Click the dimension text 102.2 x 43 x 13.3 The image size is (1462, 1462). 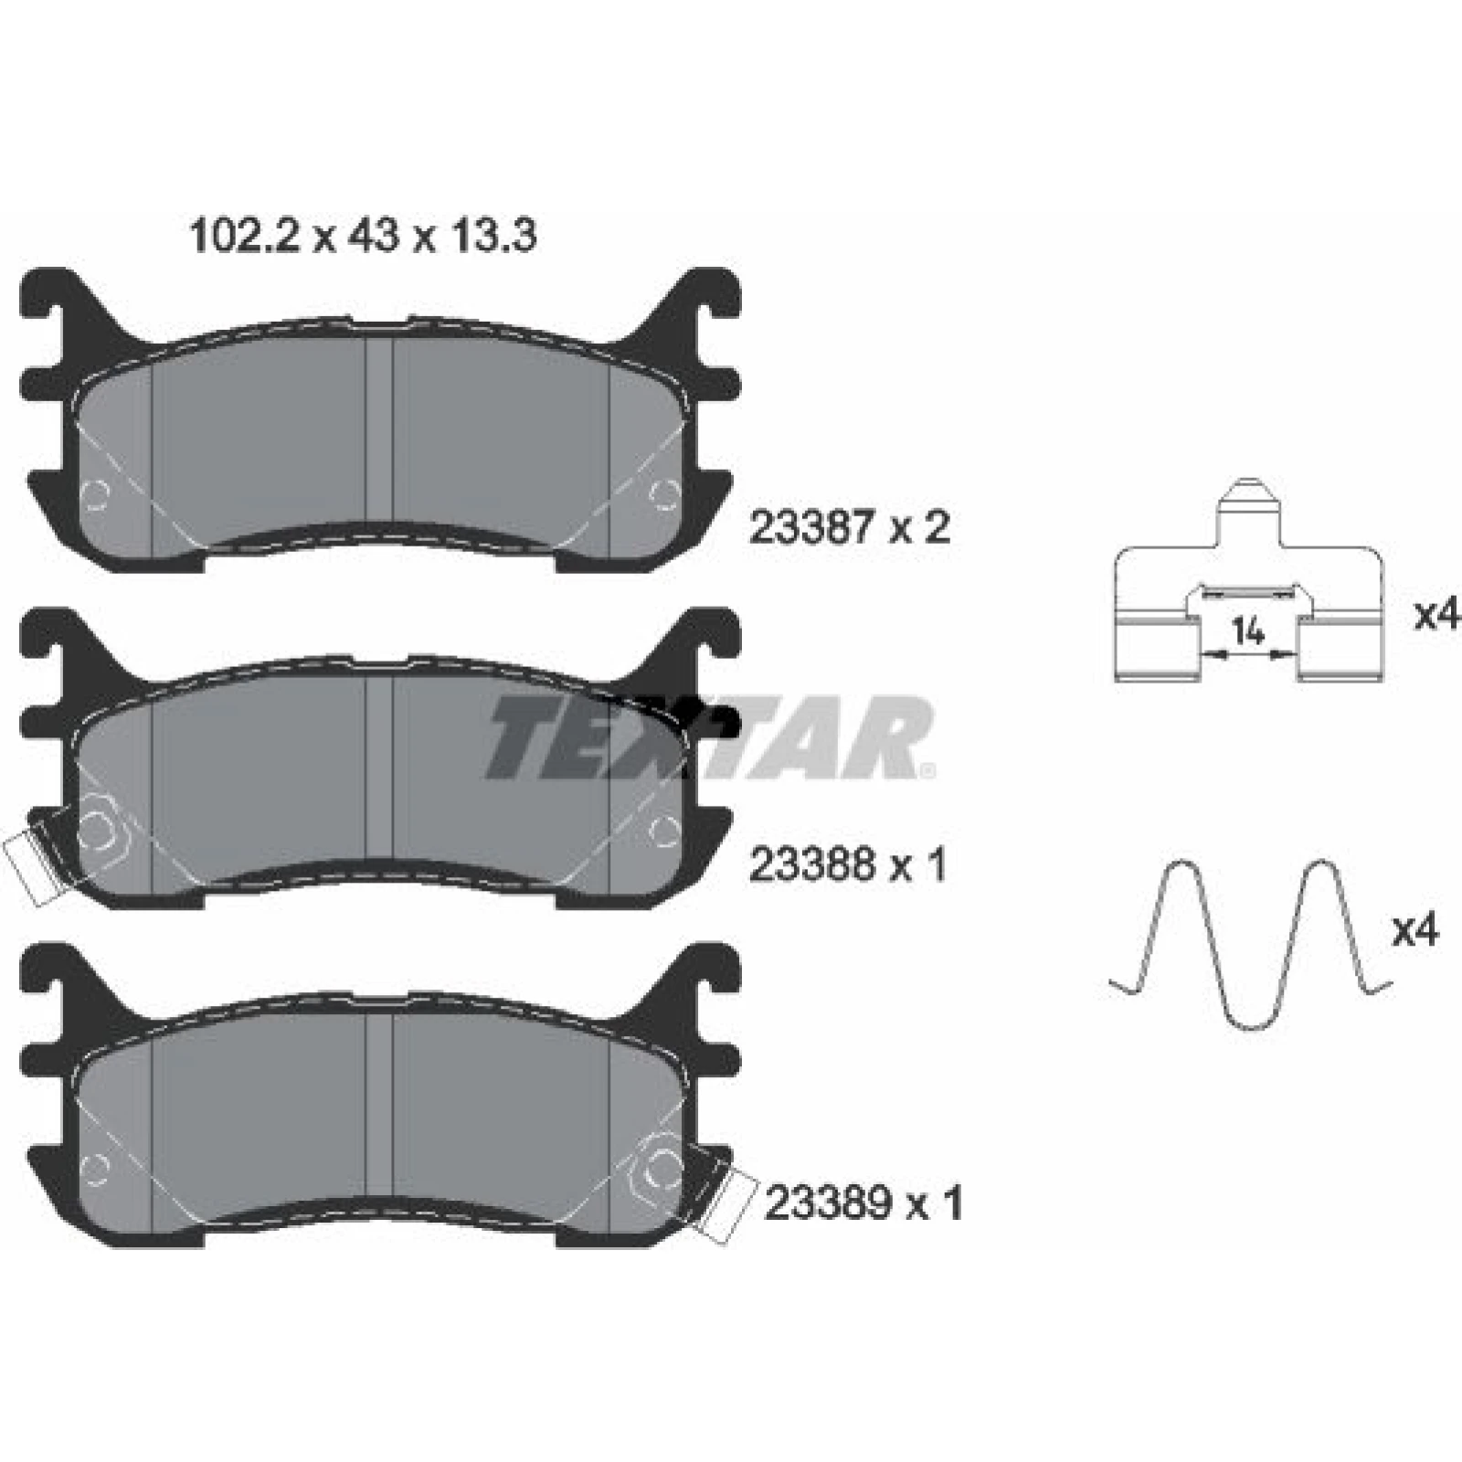pos(362,237)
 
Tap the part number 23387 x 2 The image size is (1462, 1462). pos(849,528)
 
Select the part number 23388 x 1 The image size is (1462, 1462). pos(847,864)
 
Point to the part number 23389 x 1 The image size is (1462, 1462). pos(863,1203)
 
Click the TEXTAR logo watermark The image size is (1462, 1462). pos(709,736)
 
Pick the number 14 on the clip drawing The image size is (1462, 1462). pos(1248,630)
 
